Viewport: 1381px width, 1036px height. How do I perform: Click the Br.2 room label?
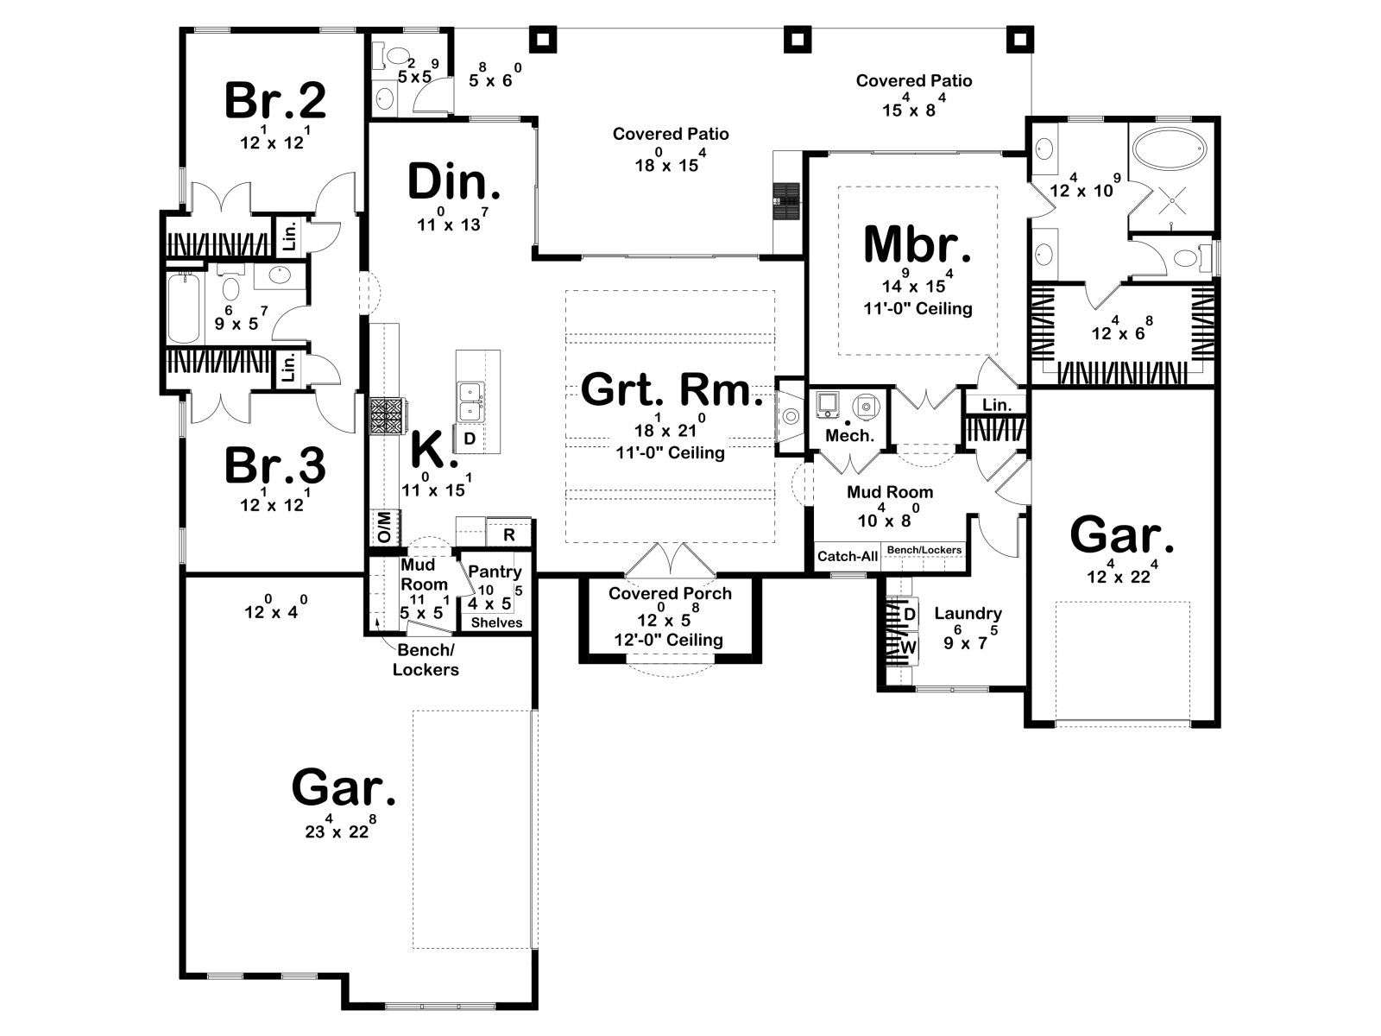275,100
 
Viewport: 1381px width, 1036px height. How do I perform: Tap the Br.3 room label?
275,465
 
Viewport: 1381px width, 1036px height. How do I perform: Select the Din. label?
454,182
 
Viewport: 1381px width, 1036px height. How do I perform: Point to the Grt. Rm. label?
672,390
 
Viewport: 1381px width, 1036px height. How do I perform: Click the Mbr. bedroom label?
918,243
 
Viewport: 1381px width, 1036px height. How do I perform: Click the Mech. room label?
849,435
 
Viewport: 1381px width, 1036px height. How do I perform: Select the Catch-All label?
848,556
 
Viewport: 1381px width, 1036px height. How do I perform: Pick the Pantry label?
495,572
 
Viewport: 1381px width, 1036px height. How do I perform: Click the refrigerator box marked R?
509,534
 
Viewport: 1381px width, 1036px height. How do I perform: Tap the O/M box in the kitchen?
384,527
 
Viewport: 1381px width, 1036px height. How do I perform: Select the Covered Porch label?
670,593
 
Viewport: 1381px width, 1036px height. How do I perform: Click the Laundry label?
968,613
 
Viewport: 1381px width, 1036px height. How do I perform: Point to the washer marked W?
909,647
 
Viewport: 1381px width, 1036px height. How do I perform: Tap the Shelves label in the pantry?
496,622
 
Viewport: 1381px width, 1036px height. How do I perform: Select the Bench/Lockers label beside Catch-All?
924,550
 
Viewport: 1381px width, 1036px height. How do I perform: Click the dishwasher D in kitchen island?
470,439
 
